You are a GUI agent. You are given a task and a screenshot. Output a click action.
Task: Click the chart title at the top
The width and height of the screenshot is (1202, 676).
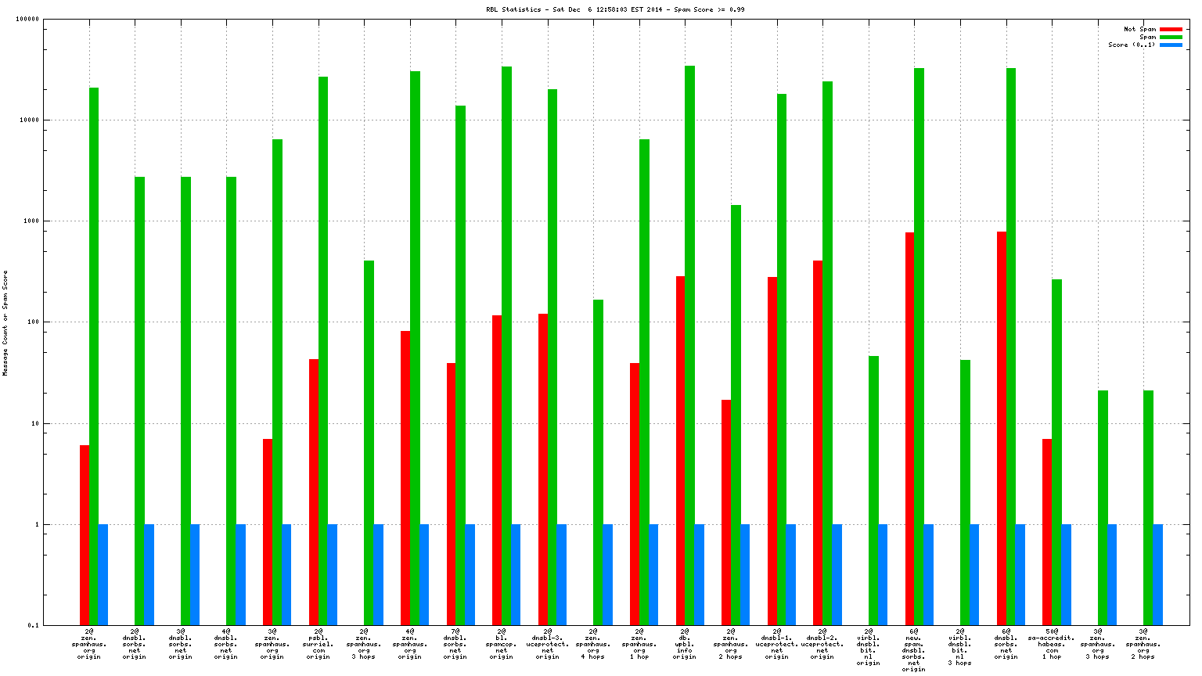click(x=615, y=9)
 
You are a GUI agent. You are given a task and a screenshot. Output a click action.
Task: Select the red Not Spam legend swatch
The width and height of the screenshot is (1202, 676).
click(x=1171, y=29)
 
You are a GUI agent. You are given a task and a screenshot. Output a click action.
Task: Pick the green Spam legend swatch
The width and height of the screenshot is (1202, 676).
click(x=1171, y=37)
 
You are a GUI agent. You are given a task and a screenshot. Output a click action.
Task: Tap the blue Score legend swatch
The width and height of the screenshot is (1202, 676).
click(x=1171, y=45)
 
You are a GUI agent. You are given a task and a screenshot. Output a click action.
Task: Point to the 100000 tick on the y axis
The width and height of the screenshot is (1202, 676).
click(x=28, y=20)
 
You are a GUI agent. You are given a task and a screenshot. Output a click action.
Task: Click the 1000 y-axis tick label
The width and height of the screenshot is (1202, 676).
click(x=31, y=221)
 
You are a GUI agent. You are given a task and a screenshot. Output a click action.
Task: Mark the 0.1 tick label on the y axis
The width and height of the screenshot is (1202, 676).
click(x=34, y=625)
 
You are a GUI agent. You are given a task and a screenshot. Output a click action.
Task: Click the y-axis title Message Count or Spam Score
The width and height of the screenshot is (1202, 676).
click(x=5, y=323)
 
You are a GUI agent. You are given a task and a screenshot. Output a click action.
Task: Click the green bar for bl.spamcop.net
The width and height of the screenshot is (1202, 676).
click(x=507, y=345)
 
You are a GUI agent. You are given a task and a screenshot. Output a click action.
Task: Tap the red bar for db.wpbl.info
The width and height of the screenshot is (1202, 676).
click(x=681, y=450)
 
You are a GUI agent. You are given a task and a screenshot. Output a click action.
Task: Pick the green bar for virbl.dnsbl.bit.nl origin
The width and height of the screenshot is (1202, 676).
click(x=873, y=490)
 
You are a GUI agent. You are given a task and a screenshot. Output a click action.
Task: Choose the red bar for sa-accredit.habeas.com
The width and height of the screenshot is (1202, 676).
click(x=1047, y=531)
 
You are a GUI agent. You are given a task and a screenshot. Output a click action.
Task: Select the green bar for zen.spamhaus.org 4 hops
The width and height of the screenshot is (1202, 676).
click(x=599, y=462)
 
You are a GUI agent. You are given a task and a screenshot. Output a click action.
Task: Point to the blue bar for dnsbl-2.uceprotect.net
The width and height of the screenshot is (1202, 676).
click(x=837, y=574)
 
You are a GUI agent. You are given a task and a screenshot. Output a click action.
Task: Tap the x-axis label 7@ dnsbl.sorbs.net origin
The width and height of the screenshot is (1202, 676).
click(x=455, y=644)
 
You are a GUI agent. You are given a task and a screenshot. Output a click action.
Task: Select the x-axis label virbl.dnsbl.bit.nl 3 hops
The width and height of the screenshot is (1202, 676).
click(x=960, y=647)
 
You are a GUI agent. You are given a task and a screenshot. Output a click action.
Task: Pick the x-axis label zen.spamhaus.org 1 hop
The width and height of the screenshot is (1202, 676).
click(x=639, y=644)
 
